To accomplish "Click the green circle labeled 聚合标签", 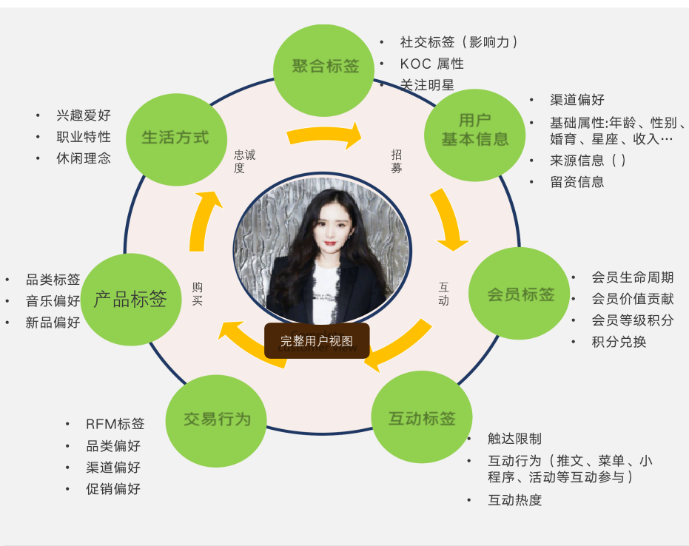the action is [x=324, y=70].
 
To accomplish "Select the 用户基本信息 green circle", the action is [x=474, y=135].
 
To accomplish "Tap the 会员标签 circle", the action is [x=520, y=294].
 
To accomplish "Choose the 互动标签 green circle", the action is [x=422, y=417].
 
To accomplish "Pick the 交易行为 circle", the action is [x=216, y=421].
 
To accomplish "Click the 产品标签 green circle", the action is [x=131, y=300].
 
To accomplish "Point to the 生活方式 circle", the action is [x=177, y=140].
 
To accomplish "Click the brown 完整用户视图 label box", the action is [x=317, y=341].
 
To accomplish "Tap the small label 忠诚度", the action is [x=244, y=161].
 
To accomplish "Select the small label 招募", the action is [x=397, y=161].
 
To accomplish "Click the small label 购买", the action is [x=198, y=294].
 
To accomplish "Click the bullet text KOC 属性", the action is [x=432, y=64].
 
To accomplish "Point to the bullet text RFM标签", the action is [x=115, y=424].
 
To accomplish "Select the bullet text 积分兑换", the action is [x=619, y=342].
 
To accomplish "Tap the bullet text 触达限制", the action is [x=514, y=439].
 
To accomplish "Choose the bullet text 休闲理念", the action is [x=84, y=158].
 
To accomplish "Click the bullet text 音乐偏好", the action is [x=53, y=301].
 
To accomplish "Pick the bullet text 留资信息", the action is [x=577, y=182].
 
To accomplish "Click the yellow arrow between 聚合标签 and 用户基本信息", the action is [x=325, y=135].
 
